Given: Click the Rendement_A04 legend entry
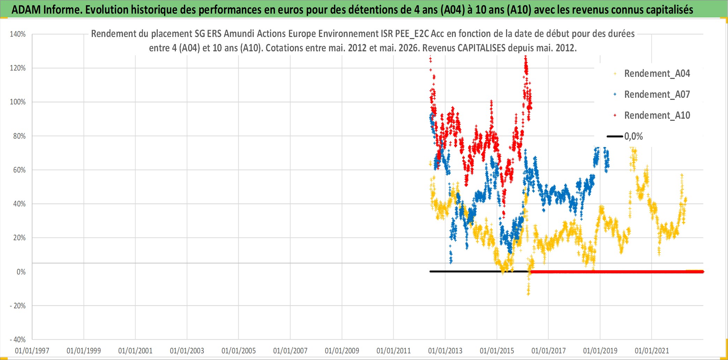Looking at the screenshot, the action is [x=652, y=73].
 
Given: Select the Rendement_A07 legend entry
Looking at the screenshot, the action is [x=652, y=94].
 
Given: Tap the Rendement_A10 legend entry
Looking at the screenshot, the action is [x=652, y=115].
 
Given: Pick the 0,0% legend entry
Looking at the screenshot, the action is [x=625, y=136].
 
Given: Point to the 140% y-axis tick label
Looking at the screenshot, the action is [x=18, y=34].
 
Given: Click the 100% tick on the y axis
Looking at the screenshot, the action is [x=18, y=102].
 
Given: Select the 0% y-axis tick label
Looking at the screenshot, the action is [x=21, y=272].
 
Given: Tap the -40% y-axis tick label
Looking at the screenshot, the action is [x=18, y=339].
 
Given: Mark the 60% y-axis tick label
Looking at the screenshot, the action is [x=19, y=170].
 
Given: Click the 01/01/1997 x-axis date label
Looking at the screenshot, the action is [x=32, y=351].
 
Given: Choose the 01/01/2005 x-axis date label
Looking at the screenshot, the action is [x=239, y=351].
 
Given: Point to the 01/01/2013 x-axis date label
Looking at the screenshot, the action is [x=445, y=351].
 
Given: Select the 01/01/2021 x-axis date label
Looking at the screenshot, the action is [x=652, y=351].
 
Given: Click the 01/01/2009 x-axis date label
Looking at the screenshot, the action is [x=342, y=351].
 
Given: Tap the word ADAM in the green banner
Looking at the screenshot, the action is [x=26, y=9].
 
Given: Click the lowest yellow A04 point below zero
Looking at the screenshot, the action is [x=528, y=294].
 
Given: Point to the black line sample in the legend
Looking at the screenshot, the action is [x=615, y=136].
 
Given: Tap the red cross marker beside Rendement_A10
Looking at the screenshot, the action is [x=615, y=115].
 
